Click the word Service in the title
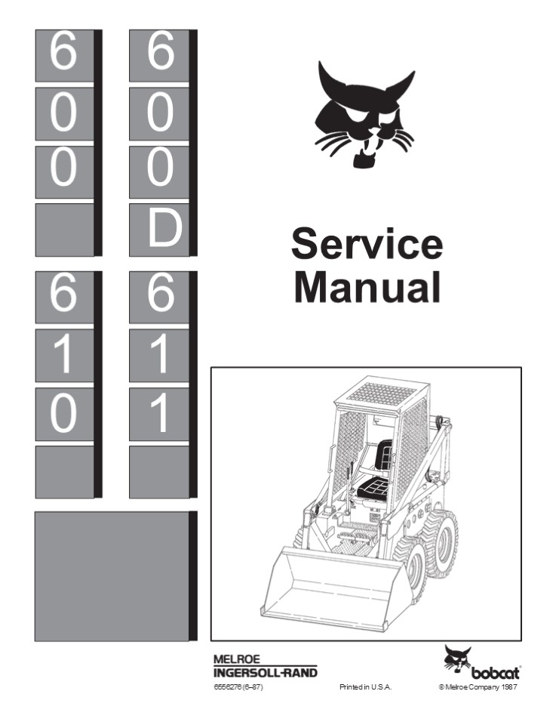[x=367, y=245]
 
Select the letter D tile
[x=161, y=229]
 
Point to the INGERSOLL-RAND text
[x=265, y=672]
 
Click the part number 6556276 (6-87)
[x=237, y=687]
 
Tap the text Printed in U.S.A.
[x=366, y=687]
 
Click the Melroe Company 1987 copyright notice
[x=479, y=687]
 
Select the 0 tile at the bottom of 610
[x=65, y=415]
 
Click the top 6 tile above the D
[x=161, y=55]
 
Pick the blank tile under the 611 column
[x=161, y=471]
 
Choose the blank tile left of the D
[x=65, y=229]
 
